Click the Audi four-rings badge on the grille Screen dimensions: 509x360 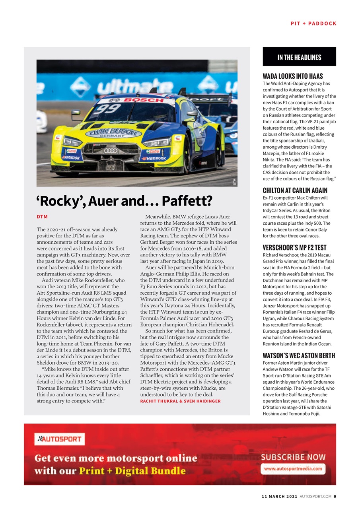click(x=111, y=151)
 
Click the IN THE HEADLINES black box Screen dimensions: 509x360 click(x=299, y=57)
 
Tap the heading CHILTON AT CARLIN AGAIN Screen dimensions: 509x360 click(x=295, y=190)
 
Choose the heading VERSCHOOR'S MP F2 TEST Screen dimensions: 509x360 click(x=295, y=247)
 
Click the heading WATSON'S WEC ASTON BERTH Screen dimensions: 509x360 click(x=299, y=356)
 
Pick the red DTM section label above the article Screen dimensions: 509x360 click(x=42, y=217)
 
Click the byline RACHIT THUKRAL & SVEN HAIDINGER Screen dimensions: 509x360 click(x=180, y=401)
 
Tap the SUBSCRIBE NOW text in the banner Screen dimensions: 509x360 click(x=293, y=457)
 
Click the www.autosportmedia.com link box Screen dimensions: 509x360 click(x=293, y=468)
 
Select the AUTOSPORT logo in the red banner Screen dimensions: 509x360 click(x=60, y=439)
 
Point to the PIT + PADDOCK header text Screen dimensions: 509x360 click(x=313, y=23)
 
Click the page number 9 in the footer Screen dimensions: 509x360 click(x=335, y=496)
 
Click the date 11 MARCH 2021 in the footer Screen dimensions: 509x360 click(x=279, y=496)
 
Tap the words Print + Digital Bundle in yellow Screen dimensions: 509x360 click(x=132, y=471)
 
